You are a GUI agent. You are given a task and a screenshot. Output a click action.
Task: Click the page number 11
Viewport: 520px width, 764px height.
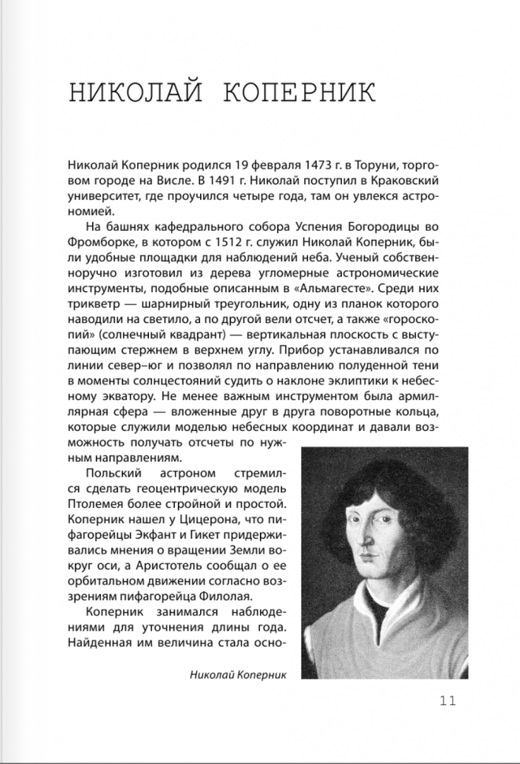tap(448, 699)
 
